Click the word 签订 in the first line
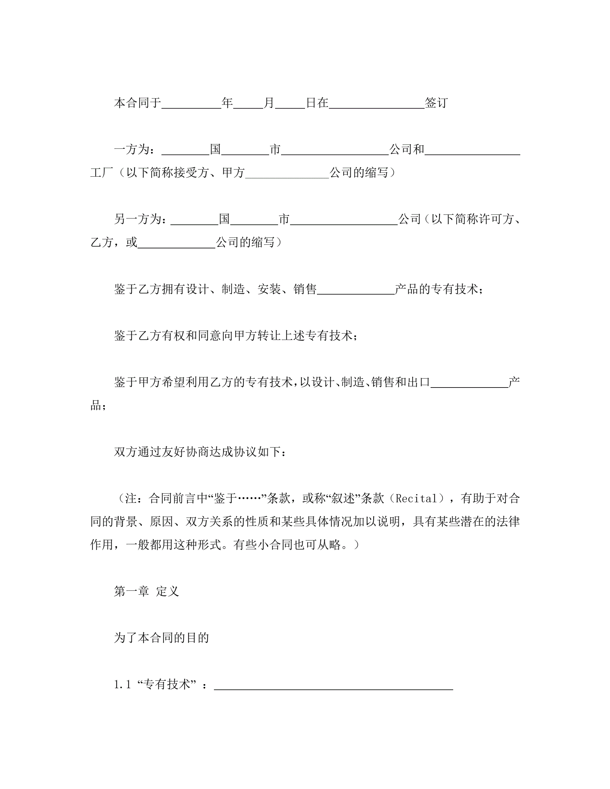pyautogui.click(x=436, y=103)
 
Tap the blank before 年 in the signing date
pyautogui.click(x=191, y=104)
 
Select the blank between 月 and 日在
pyautogui.click(x=290, y=104)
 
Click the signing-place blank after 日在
pyautogui.click(x=376, y=104)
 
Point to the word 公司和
pyautogui.click(x=407, y=149)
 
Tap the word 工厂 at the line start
pyautogui.click(x=102, y=173)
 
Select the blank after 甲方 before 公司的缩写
pyautogui.click(x=287, y=174)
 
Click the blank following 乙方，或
pyautogui.click(x=176, y=243)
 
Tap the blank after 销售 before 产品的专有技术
pyautogui.click(x=356, y=290)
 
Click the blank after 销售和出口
pyautogui.click(x=469, y=383)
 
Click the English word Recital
pyautogui.click(x=416, y=498)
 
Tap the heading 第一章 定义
pyautogui.click(x=147, y=591)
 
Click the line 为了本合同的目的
pyautogui.click(x=161, y=638)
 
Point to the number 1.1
pyautogui.click(x=122, y=685)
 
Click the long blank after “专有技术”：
pyautogui.click(x=333, y=686)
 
